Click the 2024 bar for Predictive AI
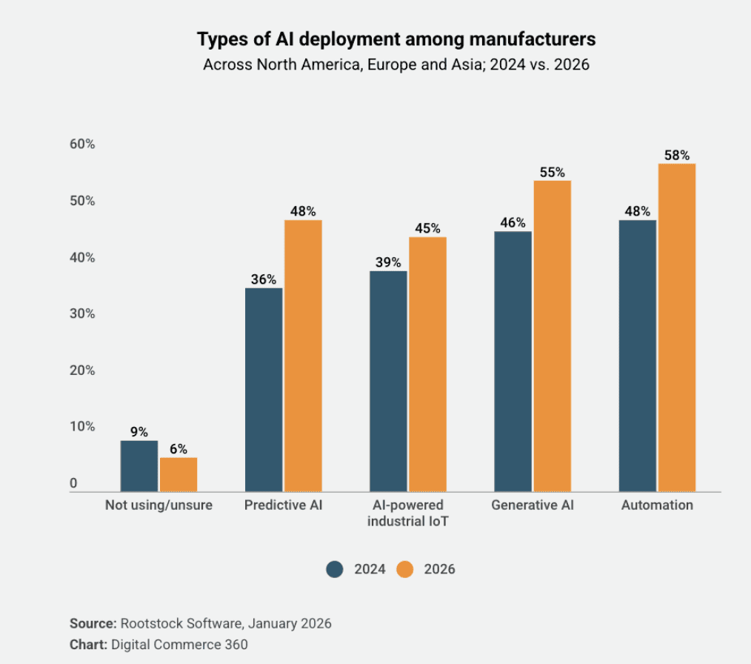(x=264, y=390)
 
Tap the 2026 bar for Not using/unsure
(x=178, y=474)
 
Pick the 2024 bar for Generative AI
(x=513, y=362)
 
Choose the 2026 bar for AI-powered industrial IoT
(x=427, y=364)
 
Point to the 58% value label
(x=677, y=156)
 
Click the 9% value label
(x=139, y=432)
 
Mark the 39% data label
(x=387, y=262)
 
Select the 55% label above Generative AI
(x=553, y=172)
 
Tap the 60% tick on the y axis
(x=82, y=145)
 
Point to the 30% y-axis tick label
(x=82, y=313)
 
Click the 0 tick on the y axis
(x=73, y=484)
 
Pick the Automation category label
(x=657, y=505)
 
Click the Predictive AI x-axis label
(x=284, y=505)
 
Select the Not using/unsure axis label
(x=158, y=505)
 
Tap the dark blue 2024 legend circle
(x=335, y=569)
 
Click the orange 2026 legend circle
(x=405, y=569)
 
